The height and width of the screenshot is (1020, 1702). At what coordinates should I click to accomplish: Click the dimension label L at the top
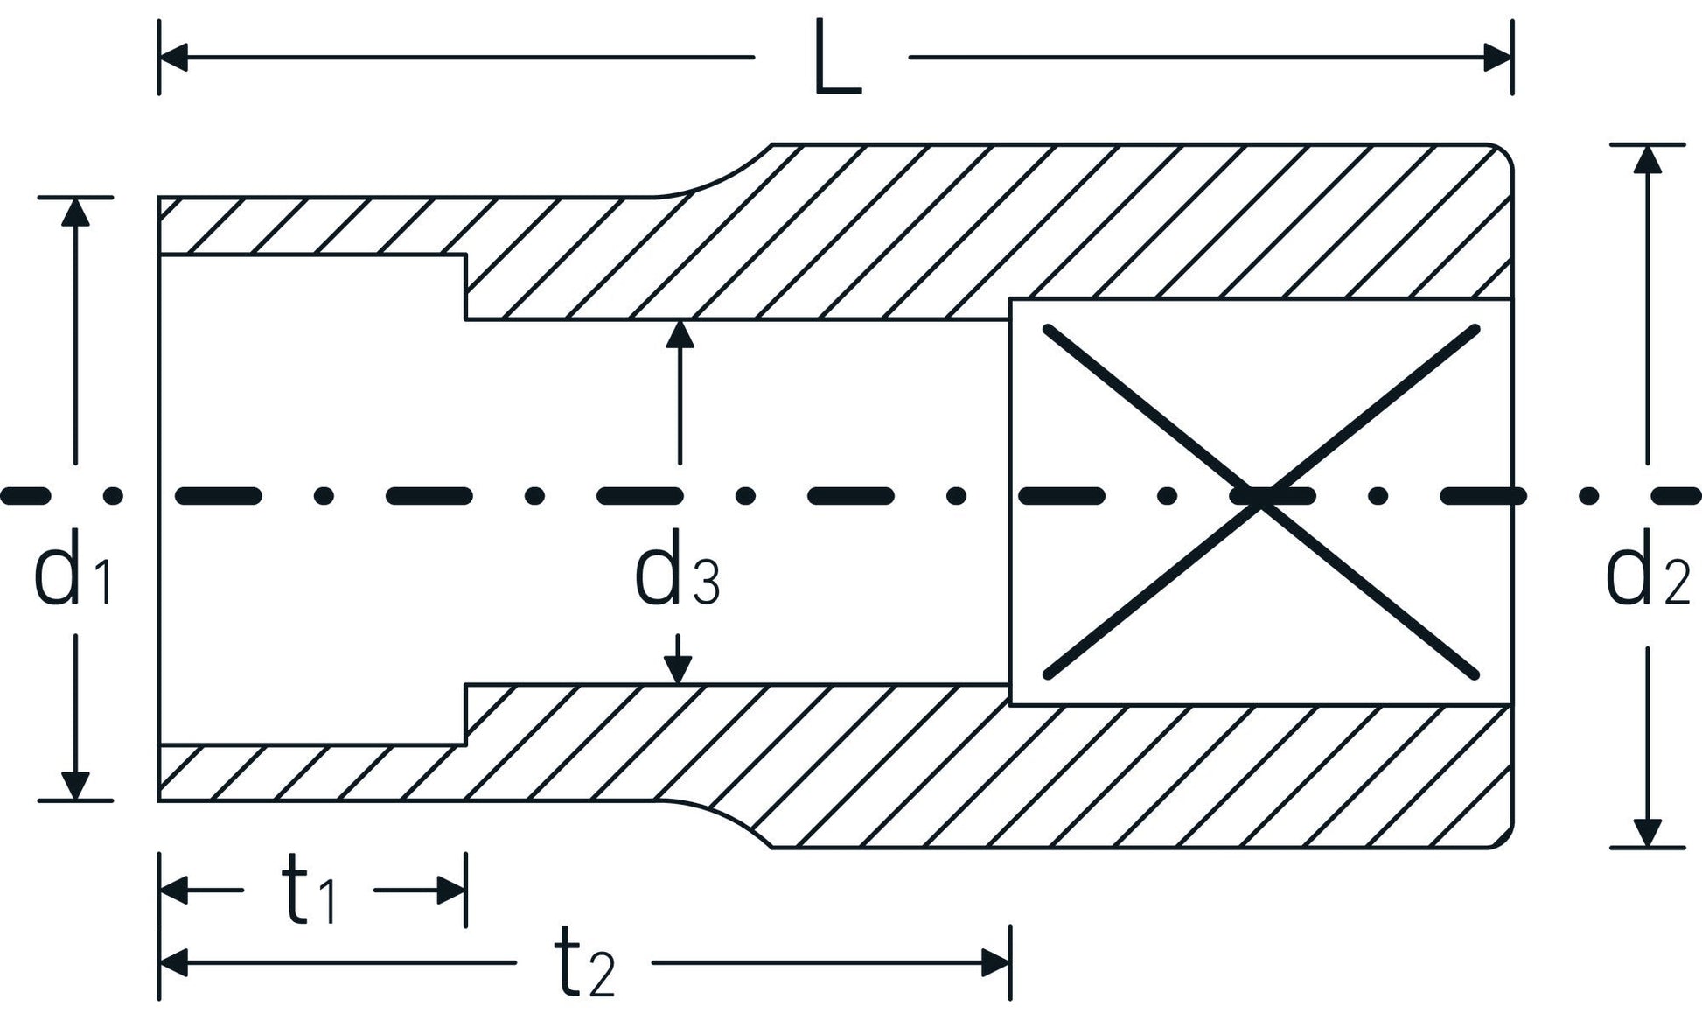[837, 58]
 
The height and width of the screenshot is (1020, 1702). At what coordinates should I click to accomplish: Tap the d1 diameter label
[73, 577]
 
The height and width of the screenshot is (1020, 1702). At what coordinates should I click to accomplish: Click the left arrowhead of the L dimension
[173, 59]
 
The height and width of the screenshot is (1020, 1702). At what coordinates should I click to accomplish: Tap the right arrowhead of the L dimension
[1498, 59]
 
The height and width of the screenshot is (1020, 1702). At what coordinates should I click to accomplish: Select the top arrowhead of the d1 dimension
[75, 213]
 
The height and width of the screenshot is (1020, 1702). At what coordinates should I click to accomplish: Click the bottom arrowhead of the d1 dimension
[75, 786]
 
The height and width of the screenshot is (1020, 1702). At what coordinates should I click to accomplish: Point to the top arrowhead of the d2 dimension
[1648, 159]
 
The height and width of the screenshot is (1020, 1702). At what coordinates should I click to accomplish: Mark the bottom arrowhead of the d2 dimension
[1648, 833]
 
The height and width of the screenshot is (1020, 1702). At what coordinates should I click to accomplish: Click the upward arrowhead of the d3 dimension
[680, 334]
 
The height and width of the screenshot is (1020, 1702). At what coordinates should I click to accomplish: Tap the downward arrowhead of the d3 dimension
[678, 670]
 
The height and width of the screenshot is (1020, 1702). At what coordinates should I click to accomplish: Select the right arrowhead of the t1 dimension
[451, 891]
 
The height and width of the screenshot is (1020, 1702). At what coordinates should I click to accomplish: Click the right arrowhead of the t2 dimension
[996, 963]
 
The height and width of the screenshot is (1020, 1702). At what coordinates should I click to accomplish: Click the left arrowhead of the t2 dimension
[173, 963]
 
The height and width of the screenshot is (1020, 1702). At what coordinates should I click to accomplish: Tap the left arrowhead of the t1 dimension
[173, 891]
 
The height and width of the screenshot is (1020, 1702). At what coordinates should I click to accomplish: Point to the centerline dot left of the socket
[113, 496]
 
